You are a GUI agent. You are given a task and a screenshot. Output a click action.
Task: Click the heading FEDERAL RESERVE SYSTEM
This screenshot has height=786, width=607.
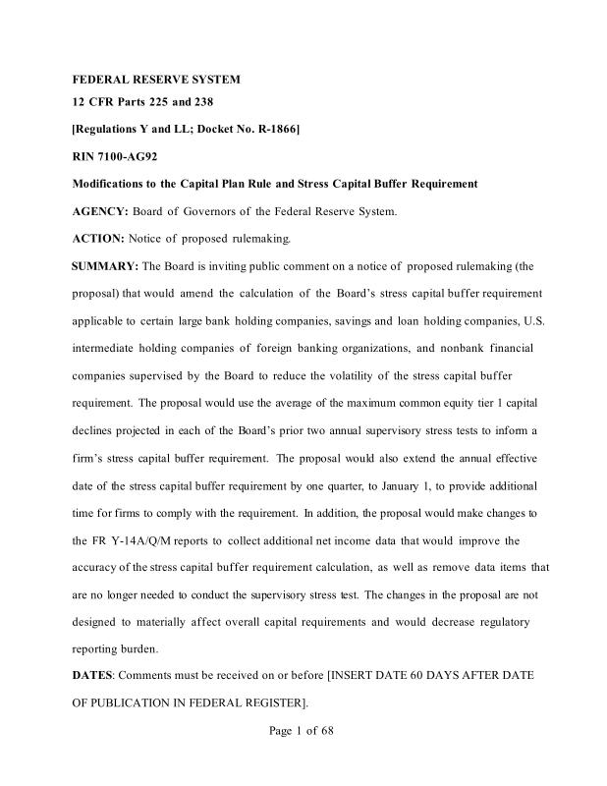[156, 79]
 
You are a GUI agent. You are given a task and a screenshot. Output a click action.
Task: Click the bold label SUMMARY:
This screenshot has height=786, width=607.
[106, 266]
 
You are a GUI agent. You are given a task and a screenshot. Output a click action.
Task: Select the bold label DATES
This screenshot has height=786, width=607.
[93, 677]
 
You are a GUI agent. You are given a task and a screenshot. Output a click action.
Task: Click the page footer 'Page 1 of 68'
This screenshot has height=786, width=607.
[302, 731]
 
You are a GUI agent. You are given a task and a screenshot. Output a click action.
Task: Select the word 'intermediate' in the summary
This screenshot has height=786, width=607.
[107, 348]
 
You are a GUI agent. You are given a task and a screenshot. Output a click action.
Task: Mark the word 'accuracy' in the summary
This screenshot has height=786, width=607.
[101, 568]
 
